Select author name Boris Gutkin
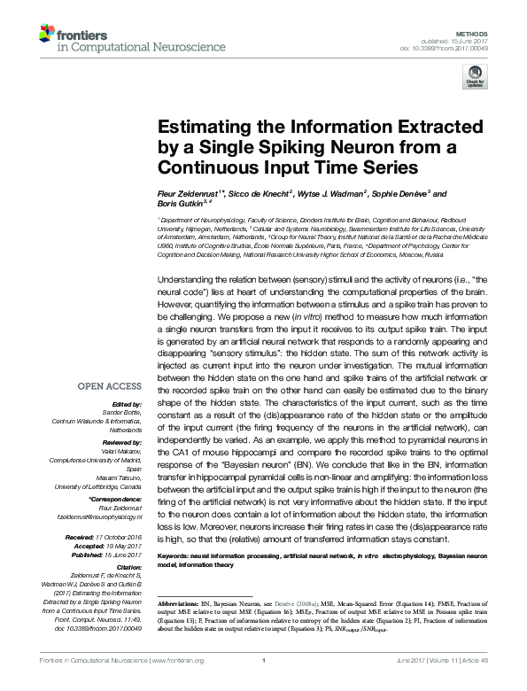pos(181,203)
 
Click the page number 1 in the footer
pos(264,684)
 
